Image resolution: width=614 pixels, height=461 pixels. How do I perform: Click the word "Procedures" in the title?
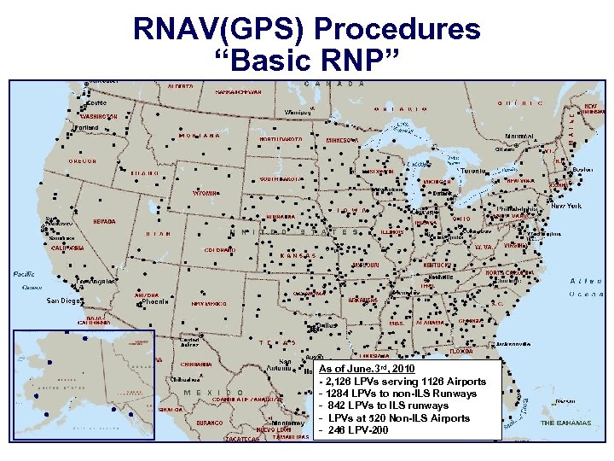[x=398, y=30]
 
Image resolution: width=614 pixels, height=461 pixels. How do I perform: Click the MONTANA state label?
[x=200, y=136]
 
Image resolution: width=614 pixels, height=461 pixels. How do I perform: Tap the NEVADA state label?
[x=104, y=221]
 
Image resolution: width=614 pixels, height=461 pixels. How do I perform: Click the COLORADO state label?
[x=219, y=249]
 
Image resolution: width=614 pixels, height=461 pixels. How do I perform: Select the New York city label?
[x=569, y=206]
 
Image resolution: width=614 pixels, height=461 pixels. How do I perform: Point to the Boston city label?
[x=583, y=169]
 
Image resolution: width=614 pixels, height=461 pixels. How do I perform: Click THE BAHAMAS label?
[x=565, y=423]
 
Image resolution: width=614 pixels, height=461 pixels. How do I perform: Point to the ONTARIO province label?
[x=400, y=109]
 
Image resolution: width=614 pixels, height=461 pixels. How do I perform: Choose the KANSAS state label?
[x=298, y=255]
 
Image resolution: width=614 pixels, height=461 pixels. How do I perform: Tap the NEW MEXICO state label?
[x=209, y=303]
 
